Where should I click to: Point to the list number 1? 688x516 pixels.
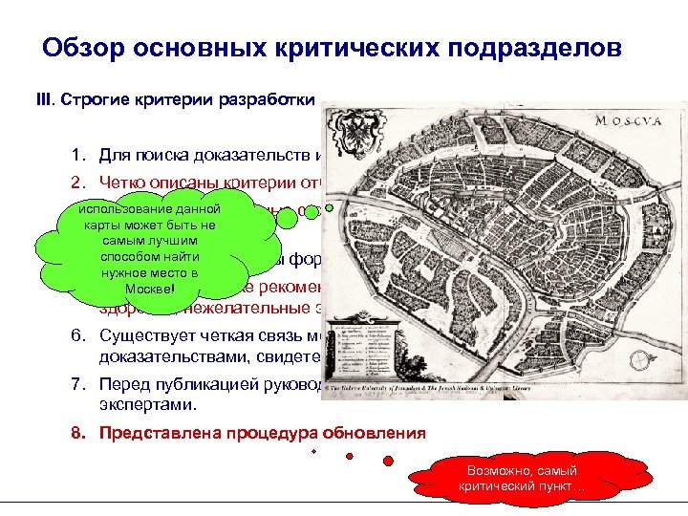tap(77, 156)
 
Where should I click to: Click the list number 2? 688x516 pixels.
tap(77, 183)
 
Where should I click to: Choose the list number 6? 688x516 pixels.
tap(77, 336)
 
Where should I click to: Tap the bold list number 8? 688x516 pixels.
tap(77, 432)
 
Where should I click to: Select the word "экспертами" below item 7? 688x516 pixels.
tap(145, 403)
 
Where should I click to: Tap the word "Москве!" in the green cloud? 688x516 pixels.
tap(148, 289)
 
